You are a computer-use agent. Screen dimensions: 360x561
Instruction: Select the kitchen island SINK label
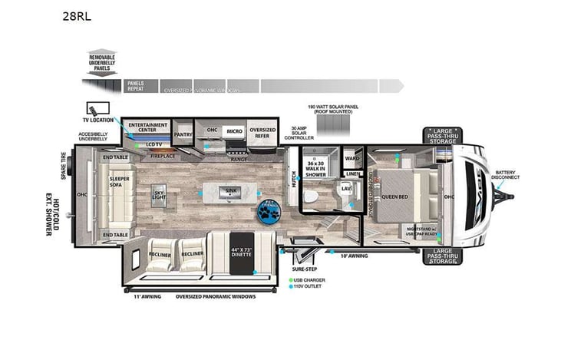click(x=230, y=190)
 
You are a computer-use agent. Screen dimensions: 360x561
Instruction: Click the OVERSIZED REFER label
click(x=262, y=132)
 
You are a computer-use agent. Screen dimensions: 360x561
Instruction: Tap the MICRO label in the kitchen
click(x=234, y=131)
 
